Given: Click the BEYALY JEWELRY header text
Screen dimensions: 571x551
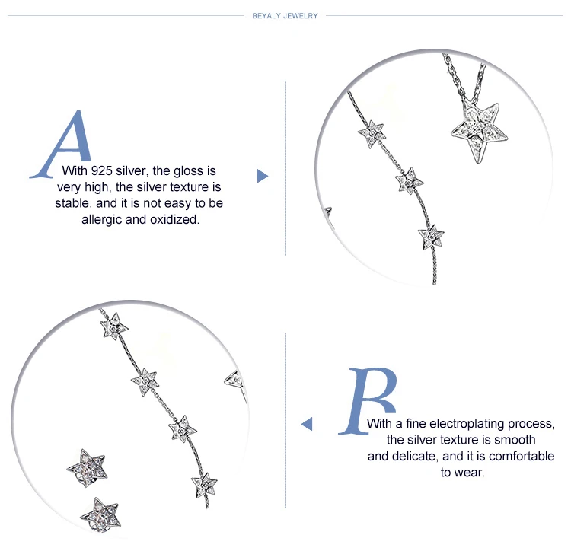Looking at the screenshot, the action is [285, 16].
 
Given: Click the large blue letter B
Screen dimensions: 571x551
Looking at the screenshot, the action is [368, 401].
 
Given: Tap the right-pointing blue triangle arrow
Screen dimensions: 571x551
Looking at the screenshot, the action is [262, 176].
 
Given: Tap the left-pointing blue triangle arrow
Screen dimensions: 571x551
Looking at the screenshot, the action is [307, 424].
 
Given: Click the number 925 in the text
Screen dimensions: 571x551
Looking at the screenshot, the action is [101, 170].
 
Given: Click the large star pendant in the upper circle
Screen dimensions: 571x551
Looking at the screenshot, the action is [479, 132].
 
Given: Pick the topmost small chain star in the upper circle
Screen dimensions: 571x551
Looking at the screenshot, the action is [372, 134].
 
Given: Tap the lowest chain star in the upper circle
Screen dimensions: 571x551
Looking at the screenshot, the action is [431, 237].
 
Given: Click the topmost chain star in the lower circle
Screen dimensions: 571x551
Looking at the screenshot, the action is [114, 326].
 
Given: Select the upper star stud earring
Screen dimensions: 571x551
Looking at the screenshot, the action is [88, 468].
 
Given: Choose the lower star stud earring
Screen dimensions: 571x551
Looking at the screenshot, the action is [100, 515].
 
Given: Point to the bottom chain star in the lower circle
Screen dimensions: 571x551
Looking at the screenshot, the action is [204, 486].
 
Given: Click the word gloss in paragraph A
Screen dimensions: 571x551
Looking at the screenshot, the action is [188, 171].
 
